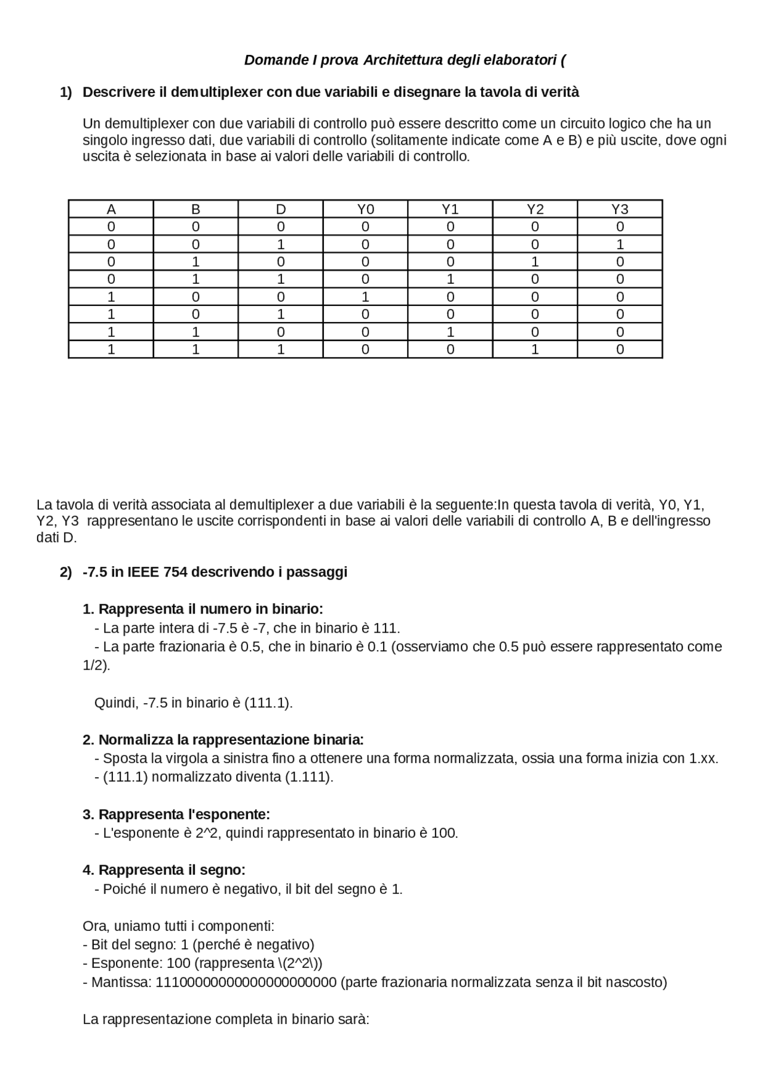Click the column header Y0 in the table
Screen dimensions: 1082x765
pos(365,209)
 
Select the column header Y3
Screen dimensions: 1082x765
pos(620,209)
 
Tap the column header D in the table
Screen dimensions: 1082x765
pos(280,209)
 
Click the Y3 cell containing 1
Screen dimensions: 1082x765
pos(620,244)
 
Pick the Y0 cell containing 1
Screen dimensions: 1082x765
pos(365,297)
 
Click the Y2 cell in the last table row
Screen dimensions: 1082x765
pos(535,350)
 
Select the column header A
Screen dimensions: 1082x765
pos(111,209)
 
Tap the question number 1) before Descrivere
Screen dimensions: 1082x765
pos(66,93)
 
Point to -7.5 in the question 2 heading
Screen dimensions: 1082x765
pos(94,572)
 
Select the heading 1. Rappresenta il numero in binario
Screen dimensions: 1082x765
pos(203,609)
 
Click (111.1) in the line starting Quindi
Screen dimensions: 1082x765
pos(268,703)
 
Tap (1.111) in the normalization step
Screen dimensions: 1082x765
pos(308,777)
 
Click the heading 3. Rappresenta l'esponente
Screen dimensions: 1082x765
pos(176,815)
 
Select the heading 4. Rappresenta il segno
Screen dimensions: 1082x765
pos(164,870)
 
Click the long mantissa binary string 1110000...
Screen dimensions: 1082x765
pos(246,983)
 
